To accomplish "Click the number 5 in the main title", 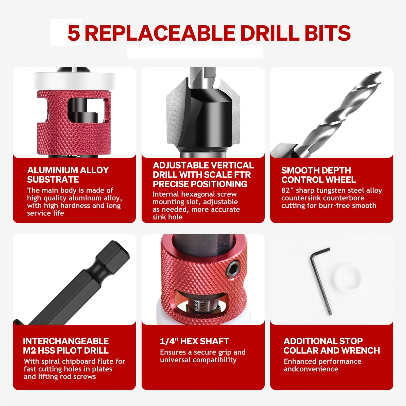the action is point(74,33).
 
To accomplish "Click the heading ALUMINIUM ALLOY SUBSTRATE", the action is point(68,175).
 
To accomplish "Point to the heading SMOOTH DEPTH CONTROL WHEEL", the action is point(318,175).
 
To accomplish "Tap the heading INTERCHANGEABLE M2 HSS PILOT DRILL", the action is point(66,346).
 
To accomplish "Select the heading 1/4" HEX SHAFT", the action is point(195,341).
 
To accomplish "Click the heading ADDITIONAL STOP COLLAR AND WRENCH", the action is point(332,346).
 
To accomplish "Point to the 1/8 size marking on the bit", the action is point(202,304).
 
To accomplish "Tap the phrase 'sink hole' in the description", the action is point(167,217).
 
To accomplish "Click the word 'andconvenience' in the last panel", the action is point(311,369).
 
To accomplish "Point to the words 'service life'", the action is point(45,213).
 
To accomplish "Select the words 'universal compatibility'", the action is point(198,360).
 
